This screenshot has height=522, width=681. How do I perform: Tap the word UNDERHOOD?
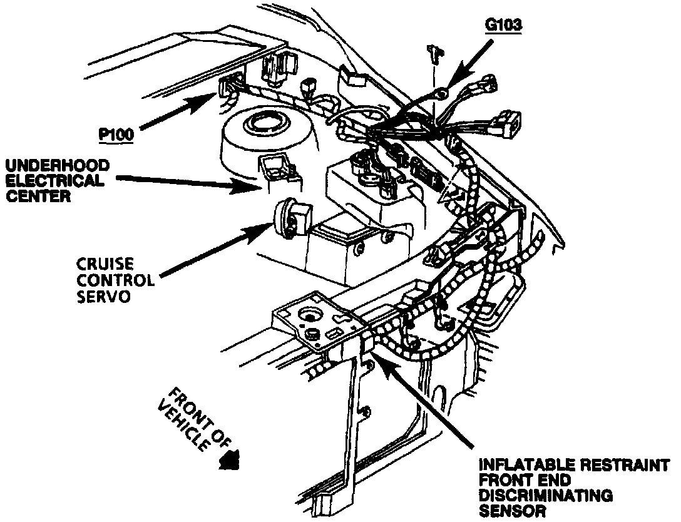click(x=58, y=166)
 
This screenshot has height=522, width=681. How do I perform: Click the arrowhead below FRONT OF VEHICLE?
click(x=230, y=462)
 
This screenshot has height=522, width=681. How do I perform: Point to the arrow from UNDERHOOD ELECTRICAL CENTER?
click(x=188, y=182)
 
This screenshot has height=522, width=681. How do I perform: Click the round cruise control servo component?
click(x=291, y=218)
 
